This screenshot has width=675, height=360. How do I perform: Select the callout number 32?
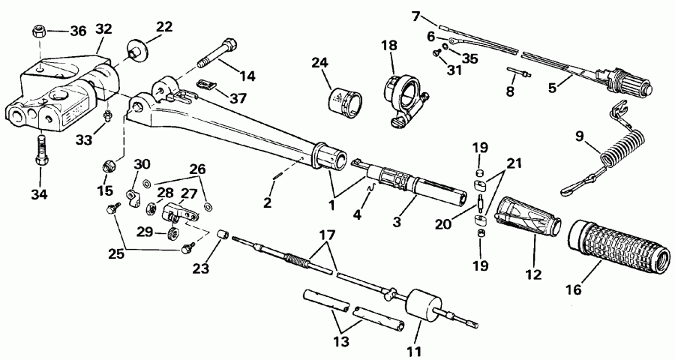tap(103, 30)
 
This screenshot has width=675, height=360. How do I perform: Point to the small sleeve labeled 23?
tap(222, 235)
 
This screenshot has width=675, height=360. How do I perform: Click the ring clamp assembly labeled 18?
tap(404, 95)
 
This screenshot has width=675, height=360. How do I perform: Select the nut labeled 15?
tap(109, 163)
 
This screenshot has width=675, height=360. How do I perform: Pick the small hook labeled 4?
tap(369, 198)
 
